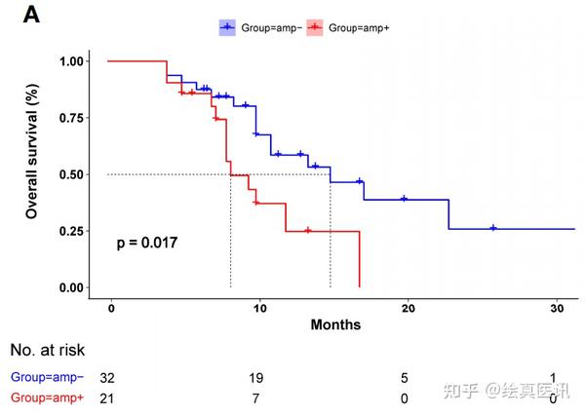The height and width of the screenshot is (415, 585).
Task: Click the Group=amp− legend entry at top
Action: click(x=260, y=29)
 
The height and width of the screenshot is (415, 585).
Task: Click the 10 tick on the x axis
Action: click(x=260, y=307)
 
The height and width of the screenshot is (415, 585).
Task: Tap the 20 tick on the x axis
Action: click(x=409, y=307)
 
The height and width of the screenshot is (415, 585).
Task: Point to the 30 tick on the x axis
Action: click(x=557, y=307)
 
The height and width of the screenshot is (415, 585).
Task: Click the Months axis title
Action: click(x=335, y=324)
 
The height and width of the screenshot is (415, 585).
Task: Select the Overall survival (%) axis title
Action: click(x=32, y=152)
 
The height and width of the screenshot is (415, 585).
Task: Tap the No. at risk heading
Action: click(x=48, y=351)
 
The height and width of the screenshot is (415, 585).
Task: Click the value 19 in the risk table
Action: click(x=260, y=377)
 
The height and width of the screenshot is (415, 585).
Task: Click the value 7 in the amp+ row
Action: click(x=260, y=397)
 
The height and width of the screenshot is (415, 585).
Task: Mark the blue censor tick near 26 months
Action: click(x=493, y=228)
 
